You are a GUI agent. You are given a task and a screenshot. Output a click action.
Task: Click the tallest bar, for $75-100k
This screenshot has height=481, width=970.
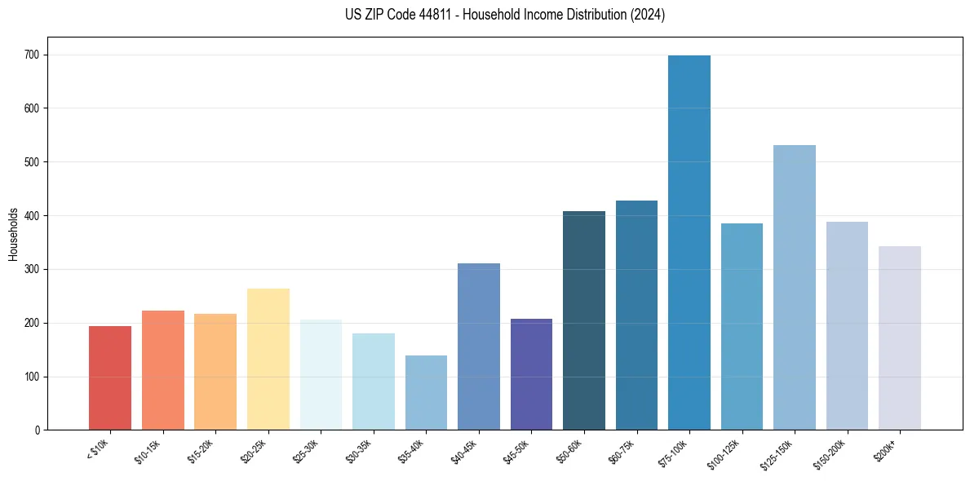click(x=689, y=245)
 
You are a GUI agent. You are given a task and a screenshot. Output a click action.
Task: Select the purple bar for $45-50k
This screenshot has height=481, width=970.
click(x=531, y=375)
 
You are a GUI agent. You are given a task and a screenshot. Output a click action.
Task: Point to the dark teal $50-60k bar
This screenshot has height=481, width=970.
click(x=584, y=322)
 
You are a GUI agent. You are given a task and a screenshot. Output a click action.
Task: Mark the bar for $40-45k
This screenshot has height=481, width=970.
click(x=479, y=346)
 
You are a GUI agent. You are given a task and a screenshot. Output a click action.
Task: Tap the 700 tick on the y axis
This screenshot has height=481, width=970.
click(x=36, y=55)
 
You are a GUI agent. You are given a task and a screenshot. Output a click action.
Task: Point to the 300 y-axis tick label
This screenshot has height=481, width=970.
click(x=36, y=270)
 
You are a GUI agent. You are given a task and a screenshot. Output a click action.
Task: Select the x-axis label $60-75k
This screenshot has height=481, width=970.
click(x=622, y=451)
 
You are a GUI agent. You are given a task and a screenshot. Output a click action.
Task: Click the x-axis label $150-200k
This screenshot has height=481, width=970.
click(x=830, y=453)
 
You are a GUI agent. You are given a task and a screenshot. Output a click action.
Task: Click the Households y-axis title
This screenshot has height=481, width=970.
click(x=13, y=234)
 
